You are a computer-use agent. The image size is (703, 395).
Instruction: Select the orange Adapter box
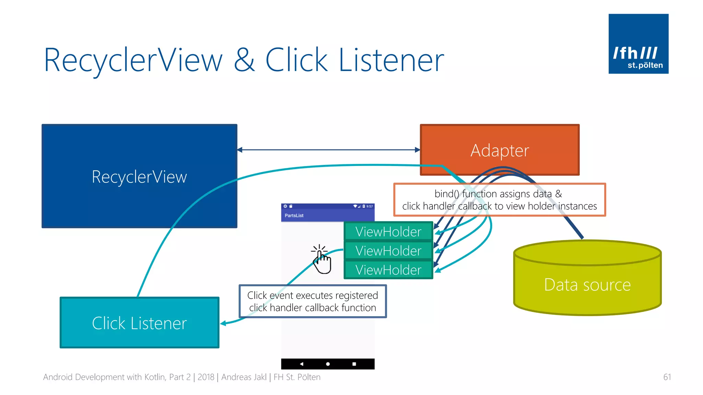pos(499,150)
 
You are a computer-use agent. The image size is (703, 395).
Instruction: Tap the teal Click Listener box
pos(139,323)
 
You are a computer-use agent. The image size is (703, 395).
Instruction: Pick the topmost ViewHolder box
pos(388,231)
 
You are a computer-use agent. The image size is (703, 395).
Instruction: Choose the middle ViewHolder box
pos(388,251)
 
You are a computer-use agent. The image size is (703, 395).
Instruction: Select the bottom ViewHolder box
pos(388,270)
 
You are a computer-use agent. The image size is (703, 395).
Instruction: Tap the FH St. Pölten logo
pos(638,44)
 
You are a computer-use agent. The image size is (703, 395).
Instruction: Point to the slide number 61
pos(667,377)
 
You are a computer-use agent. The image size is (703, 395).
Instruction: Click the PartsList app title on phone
pos(294,216)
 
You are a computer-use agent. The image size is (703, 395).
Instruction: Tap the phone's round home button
pos(328,364)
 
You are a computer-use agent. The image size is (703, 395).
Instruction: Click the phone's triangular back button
pos(301,364)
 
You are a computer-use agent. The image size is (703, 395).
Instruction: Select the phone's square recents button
pos(354,364)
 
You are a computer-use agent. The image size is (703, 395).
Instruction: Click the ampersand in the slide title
pos(244,60)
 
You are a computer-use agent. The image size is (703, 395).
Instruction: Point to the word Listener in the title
pos(391,60)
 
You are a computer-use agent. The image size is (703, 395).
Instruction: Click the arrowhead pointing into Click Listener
pos(223,323)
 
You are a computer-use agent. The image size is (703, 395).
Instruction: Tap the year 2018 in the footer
pos(206,377)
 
